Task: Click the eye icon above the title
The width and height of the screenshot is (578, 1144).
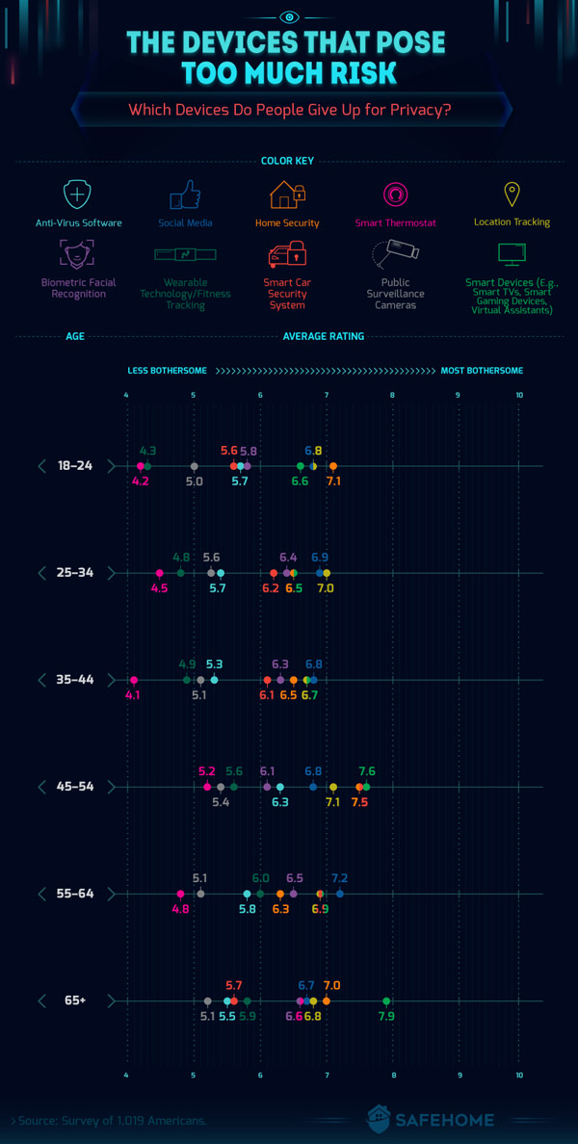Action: tap(289, 16)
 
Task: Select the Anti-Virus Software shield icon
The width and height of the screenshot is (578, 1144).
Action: tap(78, 195)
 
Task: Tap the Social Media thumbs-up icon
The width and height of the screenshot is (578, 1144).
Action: tap(185, 195)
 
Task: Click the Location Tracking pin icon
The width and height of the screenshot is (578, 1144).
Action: tap(512, 195)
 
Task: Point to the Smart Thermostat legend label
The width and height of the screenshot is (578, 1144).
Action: tap(395, 222)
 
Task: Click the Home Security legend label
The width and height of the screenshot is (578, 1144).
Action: tap(287, 222)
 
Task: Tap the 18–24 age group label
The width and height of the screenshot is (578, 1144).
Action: tap(75, 466)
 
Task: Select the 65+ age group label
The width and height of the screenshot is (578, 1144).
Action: tap(75, 1001)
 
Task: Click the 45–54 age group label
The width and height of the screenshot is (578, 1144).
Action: tap(75, 787)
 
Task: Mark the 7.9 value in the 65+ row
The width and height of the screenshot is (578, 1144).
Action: tap(386, 1016)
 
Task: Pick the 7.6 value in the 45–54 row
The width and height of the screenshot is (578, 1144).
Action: tap(366, 771)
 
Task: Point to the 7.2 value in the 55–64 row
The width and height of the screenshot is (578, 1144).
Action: tap(339, 878)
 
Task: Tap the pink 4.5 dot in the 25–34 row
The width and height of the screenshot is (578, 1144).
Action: tap(160, 573)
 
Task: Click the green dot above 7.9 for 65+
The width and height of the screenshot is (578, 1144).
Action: tap(386, 1001)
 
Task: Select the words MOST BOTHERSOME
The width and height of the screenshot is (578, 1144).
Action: tap(482, 371)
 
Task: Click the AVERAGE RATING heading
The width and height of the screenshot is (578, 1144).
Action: tap(324, 336)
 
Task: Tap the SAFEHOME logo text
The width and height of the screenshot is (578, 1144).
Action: tap(444, 1120)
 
